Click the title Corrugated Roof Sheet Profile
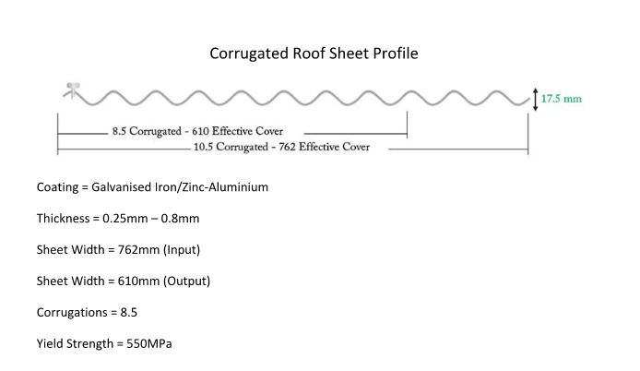[314, 54]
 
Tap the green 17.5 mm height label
[562, 99]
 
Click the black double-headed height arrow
[536, 100]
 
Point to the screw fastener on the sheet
[72, 90]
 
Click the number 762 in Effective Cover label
[287, 147]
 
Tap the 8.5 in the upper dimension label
[119, 131]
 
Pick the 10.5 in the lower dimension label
[203, 147]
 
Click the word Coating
[57, 187]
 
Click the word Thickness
[63, 219]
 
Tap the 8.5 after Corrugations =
[129, 313]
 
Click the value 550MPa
[149, 344]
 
